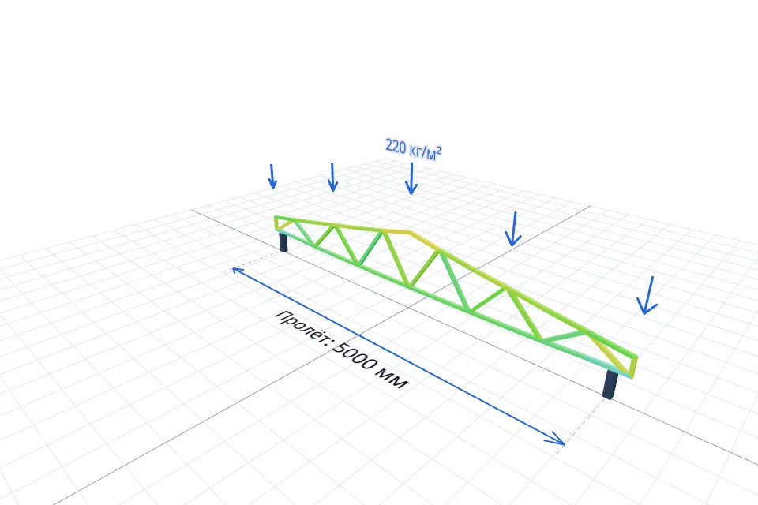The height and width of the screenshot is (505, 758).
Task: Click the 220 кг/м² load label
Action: [x=413, y=150]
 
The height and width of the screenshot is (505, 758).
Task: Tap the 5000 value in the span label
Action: [x=357, y=357]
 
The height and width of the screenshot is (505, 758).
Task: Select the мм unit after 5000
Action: [x=395, y=380]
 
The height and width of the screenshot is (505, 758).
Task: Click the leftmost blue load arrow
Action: [x=272, y=177]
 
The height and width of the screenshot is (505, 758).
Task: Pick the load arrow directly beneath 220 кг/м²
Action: [x=411, y=178]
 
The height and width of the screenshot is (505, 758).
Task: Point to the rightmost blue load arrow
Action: [x=647, y=295]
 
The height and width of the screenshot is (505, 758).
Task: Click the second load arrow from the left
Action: [x=332, y=177]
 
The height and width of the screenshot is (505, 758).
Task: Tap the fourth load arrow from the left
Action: [x=513, y=229]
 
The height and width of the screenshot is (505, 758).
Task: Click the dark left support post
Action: [x=283, y=241]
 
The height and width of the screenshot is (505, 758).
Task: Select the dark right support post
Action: [x=610, y=385]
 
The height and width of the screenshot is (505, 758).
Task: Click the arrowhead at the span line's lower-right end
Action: [x=556, y=438]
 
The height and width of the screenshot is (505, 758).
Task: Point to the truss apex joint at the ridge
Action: [x=411, y=233]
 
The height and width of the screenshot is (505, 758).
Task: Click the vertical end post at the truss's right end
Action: [x=634, y=367]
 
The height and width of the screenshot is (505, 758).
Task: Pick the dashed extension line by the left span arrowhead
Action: [x=253, y=261]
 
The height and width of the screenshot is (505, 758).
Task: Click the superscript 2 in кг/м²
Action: [x=438, y=150]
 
